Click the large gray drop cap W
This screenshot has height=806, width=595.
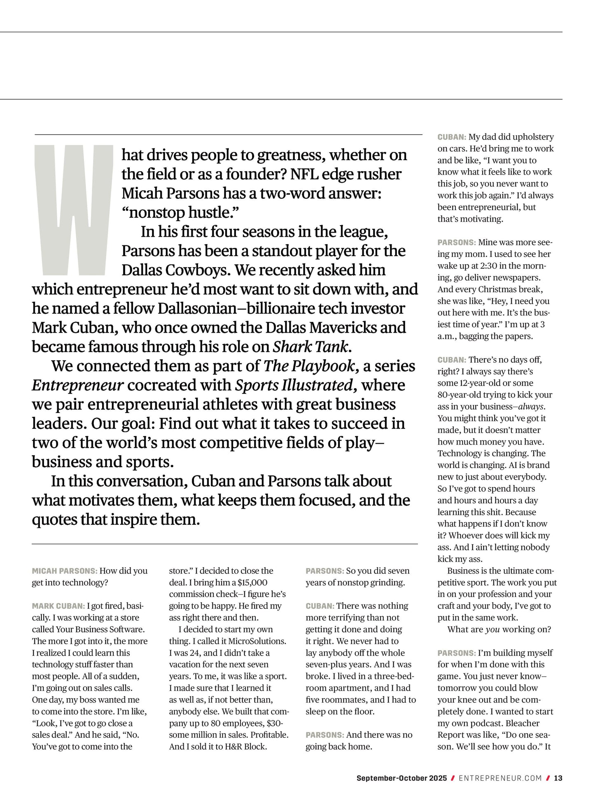tap(73, 210)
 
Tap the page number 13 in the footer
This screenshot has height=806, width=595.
tap(558, 778)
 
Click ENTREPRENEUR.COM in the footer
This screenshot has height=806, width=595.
tap(500, 778)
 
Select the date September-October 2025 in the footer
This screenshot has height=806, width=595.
tap(401, 778)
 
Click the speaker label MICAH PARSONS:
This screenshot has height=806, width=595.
tap(65, 571)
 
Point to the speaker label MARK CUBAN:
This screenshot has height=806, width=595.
tap(58, 606)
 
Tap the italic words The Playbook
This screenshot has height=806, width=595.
tap(309, 366)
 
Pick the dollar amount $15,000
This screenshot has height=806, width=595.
tap(252, 582)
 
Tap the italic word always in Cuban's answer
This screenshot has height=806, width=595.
tap(531, 407)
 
